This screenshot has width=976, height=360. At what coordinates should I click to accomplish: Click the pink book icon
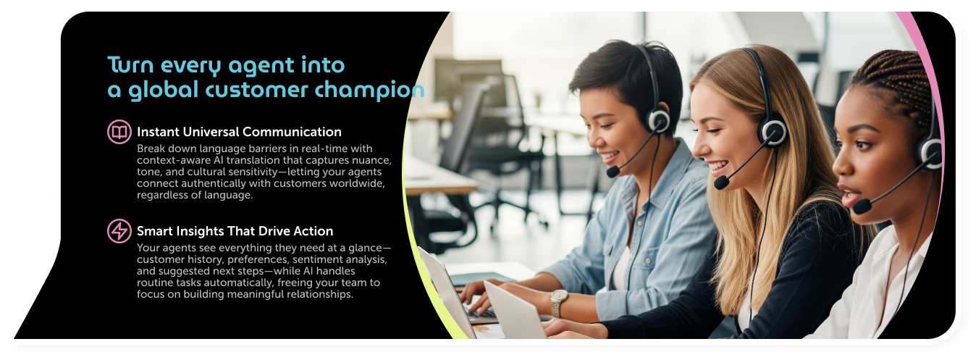[x=119, y=132]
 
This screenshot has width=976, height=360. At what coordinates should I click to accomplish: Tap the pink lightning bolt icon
[x=119, y=231]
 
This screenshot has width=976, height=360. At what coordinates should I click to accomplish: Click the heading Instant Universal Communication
[x=239, y=132]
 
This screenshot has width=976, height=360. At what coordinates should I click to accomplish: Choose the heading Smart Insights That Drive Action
[x=235, y=231]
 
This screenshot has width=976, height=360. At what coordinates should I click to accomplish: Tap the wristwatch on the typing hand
[x=559, y=303]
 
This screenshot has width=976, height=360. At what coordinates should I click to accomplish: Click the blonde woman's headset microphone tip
[x=721, y=183]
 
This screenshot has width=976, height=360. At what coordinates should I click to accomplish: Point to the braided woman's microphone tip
[x=862, y=206]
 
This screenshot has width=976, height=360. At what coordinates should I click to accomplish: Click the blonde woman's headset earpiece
[x=773, y=132]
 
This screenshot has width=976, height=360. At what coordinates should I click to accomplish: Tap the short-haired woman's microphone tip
[x=613, y=171]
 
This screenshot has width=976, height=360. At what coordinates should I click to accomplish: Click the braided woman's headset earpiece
[x=930, y=154]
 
